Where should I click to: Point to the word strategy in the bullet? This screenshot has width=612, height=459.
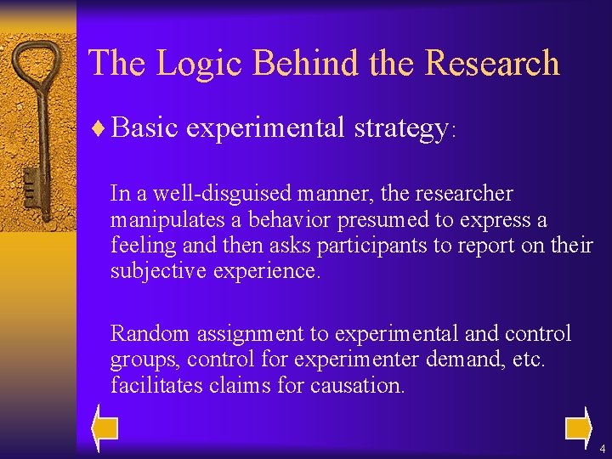pos(400,128)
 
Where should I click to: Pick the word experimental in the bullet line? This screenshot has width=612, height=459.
pos(263,128)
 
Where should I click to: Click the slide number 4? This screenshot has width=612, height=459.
pos(602,448)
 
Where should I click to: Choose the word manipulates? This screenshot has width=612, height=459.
pos(161,220)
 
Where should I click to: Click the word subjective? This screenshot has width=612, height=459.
pos(150,271)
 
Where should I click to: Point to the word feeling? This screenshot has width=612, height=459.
pos(138,246)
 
